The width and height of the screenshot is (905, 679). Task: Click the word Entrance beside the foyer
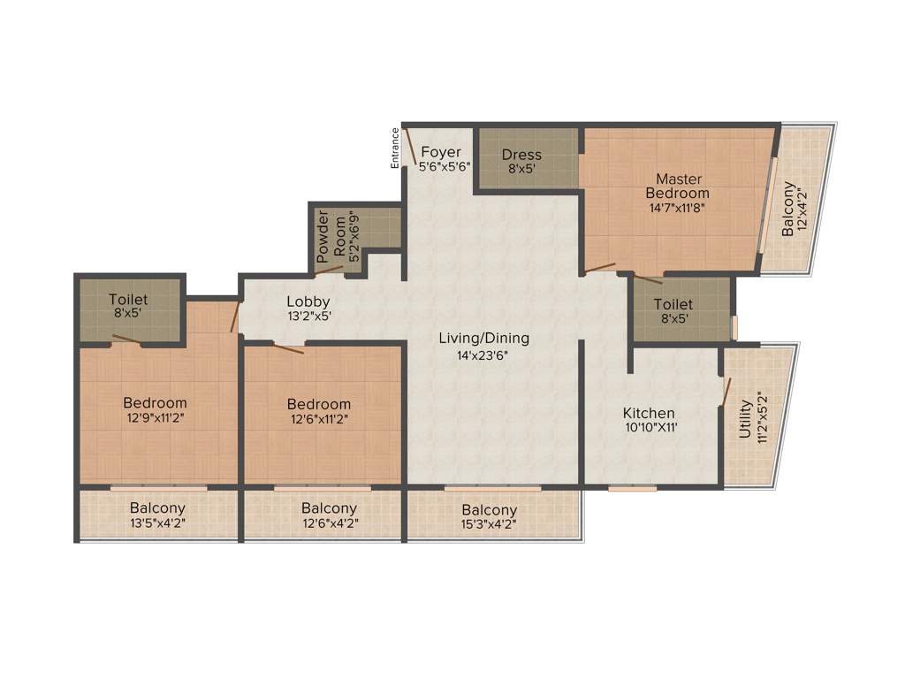tap(396, 148)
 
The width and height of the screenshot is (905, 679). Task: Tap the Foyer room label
tap(440, 151)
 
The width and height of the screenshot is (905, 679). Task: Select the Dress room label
tap(521, 155)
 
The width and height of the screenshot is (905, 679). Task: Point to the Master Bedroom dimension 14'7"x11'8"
tap(677, 209)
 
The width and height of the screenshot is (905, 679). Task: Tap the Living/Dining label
tap(483, 338)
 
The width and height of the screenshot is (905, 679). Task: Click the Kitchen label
tap(649, 413)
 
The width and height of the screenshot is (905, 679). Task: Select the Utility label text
tap(745, 418)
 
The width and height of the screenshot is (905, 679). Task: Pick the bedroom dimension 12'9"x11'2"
tap(156, 419)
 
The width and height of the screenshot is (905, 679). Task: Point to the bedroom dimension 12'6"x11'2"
tap(319, 419)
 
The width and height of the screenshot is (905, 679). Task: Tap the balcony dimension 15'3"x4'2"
tap(489, 525)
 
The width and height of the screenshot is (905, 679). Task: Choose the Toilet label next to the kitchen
tap(673, 304)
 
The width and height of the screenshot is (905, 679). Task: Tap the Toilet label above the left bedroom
tap(129, 300)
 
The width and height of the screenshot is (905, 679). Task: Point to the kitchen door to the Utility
tap(726, 392)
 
